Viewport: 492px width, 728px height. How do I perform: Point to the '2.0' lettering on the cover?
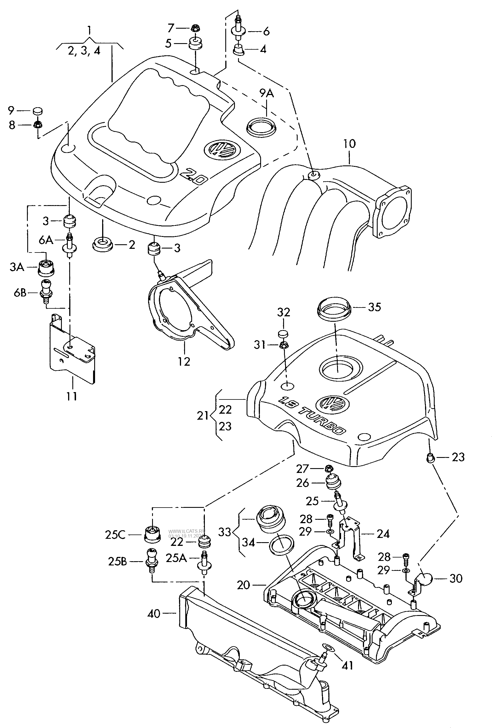[195, 177]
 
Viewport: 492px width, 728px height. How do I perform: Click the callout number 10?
[349, 144]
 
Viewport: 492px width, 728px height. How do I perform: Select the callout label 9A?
[266, 93]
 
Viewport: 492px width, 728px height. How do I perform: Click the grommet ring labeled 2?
[102, 245]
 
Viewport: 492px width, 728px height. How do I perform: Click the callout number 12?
[184, 361]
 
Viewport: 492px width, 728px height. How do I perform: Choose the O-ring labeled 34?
[282, 544]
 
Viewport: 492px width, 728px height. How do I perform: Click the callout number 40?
[154, 614]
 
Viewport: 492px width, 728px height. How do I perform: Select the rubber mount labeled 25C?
[152, 535]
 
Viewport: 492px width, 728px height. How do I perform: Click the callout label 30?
[456, 578]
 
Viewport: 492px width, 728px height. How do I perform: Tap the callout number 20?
[243, 585]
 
